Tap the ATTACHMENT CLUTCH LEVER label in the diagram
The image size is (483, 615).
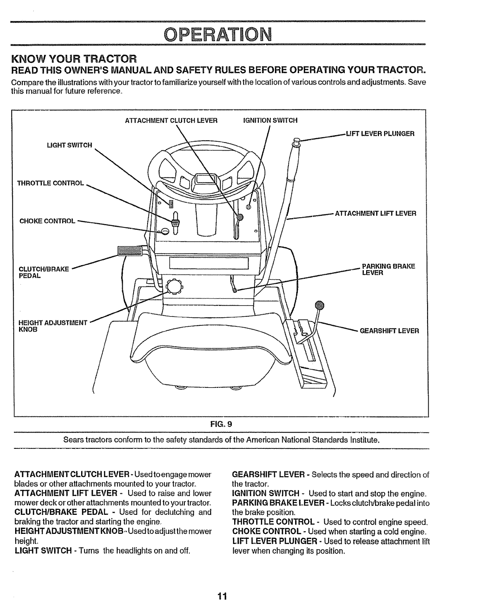[x=171, y=121]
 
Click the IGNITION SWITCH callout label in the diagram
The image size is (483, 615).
[x=270, y=121]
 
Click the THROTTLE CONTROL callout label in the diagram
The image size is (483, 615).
[x=50, y=183]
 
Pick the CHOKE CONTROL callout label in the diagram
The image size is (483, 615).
[x=47, y=221]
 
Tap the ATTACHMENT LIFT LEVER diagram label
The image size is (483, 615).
[x=375, y=214]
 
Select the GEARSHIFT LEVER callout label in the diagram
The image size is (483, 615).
[x=389, y=331]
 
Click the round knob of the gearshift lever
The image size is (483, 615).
[x=319, y=305]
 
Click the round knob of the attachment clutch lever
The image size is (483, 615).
[x=240, y=217]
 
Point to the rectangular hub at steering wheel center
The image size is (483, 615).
[x=206, y=181]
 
